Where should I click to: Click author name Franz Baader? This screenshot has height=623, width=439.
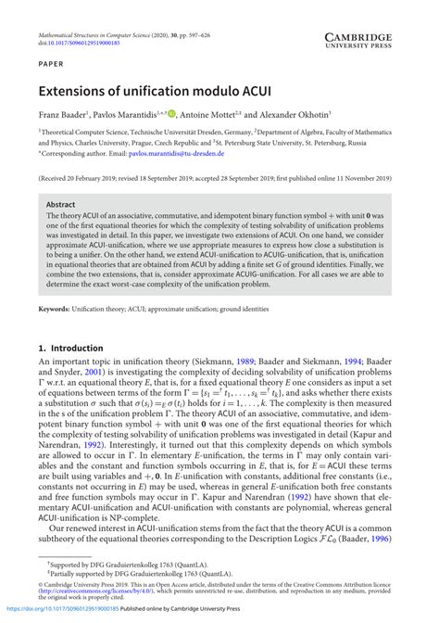pos(61,115)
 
